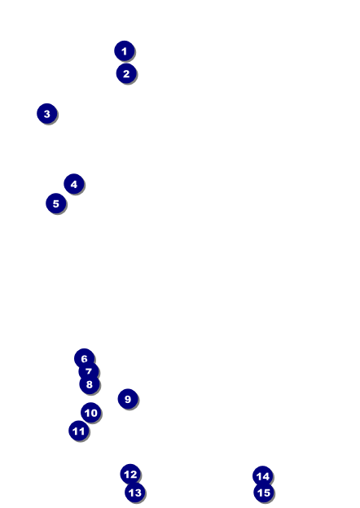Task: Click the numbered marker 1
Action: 125,50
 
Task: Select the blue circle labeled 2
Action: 126,73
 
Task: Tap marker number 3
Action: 47,114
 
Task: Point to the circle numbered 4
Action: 74,184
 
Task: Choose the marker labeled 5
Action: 56,204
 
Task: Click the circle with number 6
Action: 84,358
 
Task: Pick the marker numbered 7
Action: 89,371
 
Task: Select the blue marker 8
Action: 90,384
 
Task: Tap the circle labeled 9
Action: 128,399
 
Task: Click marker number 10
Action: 90,413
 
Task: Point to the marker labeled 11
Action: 79,431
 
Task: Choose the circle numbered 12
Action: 130,475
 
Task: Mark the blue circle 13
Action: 135,493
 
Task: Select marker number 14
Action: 263,476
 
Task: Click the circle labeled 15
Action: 264,493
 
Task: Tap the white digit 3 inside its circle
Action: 47,114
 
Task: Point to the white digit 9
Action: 128,399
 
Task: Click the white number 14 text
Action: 263,476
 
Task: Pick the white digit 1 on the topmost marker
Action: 124,51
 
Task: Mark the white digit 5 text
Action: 56,204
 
